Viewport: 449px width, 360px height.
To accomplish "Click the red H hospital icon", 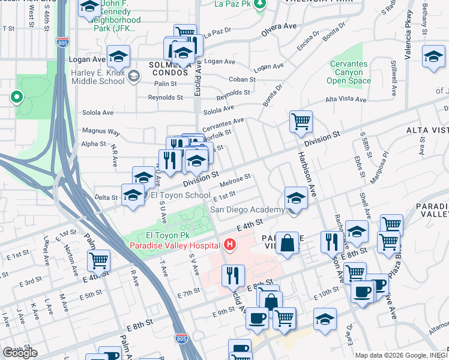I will coord(229,245).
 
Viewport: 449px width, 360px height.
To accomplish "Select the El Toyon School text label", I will coord(180,195).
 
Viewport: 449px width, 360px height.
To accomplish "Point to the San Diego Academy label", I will coord(247,209).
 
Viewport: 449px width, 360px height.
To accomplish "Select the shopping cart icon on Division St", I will coord(301,121).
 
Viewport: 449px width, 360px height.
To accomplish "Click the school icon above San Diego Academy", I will coord(296,197).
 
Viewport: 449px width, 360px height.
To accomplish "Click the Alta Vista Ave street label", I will coord(345,100).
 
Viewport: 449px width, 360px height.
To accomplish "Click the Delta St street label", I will coord(106,197).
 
